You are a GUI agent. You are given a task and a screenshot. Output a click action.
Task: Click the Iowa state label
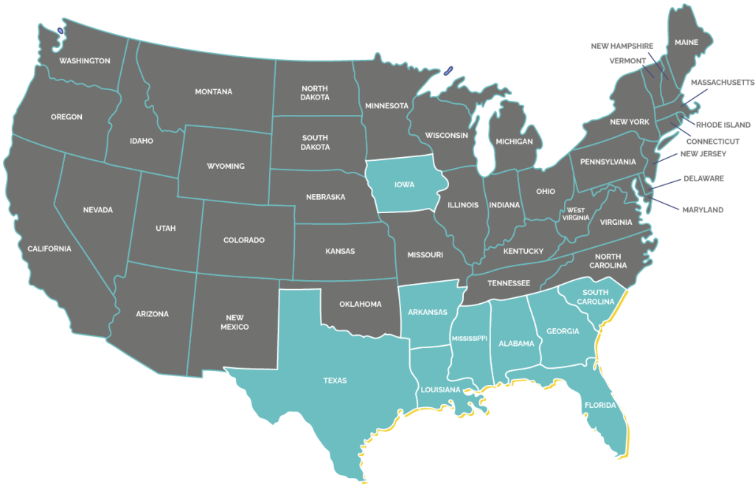coord(404,184)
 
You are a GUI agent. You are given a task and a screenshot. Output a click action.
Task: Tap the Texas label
coord(335,381)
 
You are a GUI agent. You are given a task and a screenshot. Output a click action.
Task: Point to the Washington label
coord(85,60)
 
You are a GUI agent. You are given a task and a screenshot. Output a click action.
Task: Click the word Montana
coord(214,92)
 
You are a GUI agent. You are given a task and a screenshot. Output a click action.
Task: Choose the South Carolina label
coord(596,297)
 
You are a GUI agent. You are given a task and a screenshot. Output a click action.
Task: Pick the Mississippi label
coord(470,338)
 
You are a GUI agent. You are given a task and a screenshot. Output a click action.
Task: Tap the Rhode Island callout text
coord(723,125)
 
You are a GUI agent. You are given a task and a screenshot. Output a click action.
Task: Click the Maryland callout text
coord(702,210)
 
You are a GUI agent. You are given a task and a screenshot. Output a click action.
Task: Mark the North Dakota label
coord(315,93)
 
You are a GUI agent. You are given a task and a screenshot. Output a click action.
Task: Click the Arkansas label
coord(428,312)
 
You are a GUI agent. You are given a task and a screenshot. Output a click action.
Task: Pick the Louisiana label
coord(441,389)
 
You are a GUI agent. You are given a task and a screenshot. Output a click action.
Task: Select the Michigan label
coord(514,142)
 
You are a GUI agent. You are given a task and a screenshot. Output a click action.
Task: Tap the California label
coord(49,249)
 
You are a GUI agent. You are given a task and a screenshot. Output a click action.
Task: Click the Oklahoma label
coord(361,304)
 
